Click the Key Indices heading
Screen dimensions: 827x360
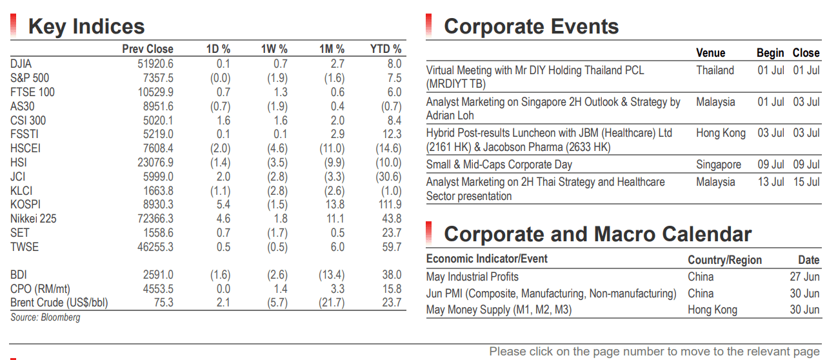pos(86,26)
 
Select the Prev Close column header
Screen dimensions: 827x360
pos(148,49)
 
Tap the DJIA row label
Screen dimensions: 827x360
pos(21,64)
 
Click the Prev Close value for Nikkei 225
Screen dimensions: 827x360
pos(155,219)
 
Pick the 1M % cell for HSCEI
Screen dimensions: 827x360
pos(332,148)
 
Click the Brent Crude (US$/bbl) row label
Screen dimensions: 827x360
pos(59,303)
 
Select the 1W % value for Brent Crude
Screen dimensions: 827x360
pos(277,303)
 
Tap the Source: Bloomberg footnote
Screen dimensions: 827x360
pos(45,317)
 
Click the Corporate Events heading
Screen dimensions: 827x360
pos(532,26)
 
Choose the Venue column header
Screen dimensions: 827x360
pos(711,53)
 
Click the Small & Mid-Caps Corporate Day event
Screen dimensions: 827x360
pos(499,165)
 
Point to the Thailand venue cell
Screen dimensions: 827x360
pos(715,70)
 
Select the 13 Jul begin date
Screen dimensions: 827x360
pos(771,182)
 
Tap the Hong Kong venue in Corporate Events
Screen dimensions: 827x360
pos(721,133)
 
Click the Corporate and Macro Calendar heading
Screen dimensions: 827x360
pos(598,234)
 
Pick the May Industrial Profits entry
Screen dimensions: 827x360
pos(472,277)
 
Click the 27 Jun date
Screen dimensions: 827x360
pos(805,277)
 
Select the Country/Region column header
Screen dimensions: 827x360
pos(724,260)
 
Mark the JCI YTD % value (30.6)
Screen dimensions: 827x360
pos(388,177)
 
